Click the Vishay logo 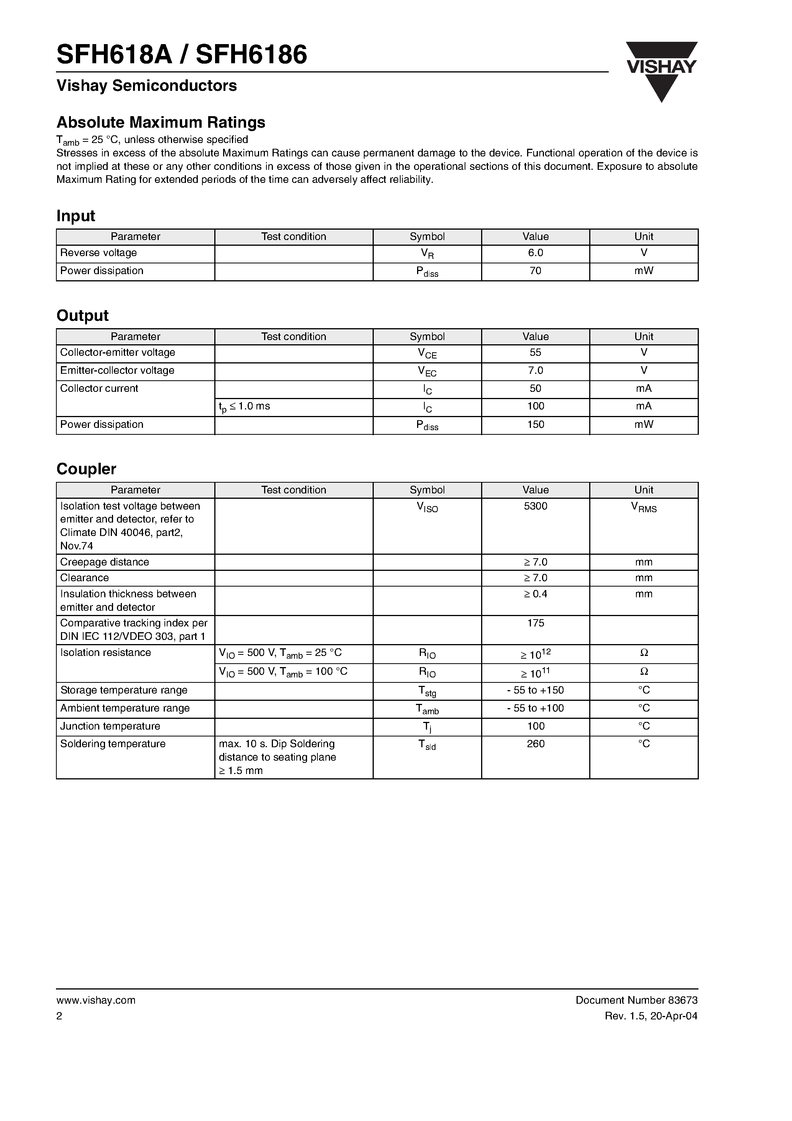[x=661, y=71]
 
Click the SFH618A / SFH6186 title [x=182, y=55]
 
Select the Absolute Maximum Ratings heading [x=161, y=122]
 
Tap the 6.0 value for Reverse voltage [x=535, y=253]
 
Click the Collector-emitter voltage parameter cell [x=117, y=352]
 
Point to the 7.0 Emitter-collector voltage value [x=535, y=371]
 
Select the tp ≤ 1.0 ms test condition [x=244, y=407]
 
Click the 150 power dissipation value [x=535, y=425]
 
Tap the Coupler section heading [x=86, y=469]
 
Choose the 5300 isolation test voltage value [x=535, y=506]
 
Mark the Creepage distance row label [x=105, y=562]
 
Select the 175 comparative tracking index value [x=535, y=623]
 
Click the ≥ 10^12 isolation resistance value [x=535, y=654]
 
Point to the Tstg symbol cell [x=427, y=691]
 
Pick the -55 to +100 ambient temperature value [x=535, y=708]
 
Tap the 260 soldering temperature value [x=535, y=744]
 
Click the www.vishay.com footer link [x=96, y=1000]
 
